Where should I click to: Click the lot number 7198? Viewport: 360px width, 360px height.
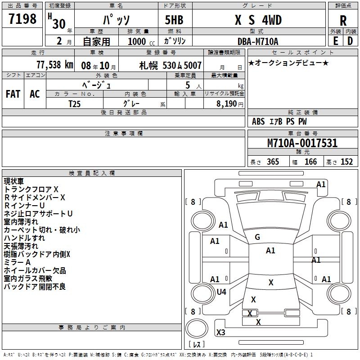[x=23, y=20]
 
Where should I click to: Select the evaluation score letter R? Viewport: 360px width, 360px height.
[x=343, y=21]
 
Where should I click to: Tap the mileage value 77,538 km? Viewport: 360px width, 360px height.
[x=53, y=65]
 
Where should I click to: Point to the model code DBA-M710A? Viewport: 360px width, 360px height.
[x=258, y=41]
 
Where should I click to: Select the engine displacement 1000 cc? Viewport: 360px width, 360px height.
[x=138, y=41]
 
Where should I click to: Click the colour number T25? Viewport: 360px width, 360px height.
[x=75, y=103]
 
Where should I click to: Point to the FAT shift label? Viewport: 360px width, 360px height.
[x=13, y=94]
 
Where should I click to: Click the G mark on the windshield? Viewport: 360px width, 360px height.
[x=257, y=237]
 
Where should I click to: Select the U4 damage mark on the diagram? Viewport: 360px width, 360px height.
[x=221, y=292]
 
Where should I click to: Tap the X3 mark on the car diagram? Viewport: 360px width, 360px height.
[x=221, y=333]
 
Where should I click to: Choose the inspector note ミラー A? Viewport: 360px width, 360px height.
[x=17, y=262]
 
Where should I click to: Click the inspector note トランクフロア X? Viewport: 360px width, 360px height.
[x=31, y=189]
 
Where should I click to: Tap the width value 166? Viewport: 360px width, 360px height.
[x=310, y=162]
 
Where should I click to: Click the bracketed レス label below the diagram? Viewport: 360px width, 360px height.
[x=196, y=345]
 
